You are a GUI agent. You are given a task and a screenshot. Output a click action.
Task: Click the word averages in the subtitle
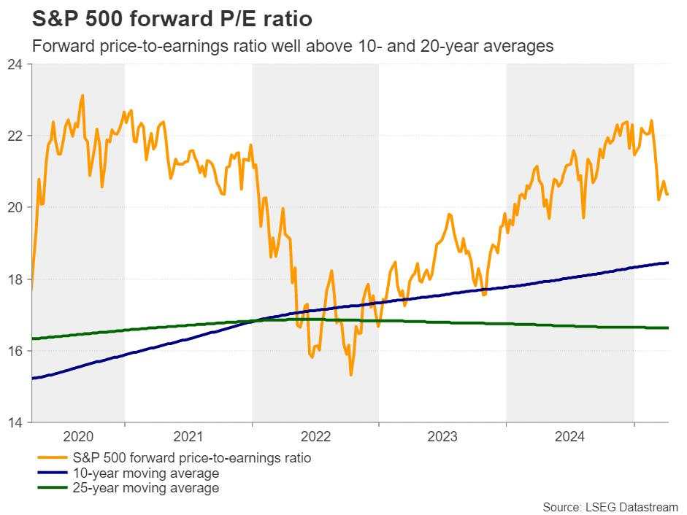pyautogui.click(x=521, y=46)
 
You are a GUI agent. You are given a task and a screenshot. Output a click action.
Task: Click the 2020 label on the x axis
pyautogui.click(x=78, y=437)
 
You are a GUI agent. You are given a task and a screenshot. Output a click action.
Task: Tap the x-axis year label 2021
pyautogui.click(x=188, y=437)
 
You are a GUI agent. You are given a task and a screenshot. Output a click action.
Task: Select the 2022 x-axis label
pyautogui.click(x=315, y=437)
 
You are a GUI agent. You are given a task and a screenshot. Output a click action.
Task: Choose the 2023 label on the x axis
pyautogui.click(x=442, y=437)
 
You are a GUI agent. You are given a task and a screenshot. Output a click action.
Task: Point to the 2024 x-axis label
pyautogui.click(x=569, y=437)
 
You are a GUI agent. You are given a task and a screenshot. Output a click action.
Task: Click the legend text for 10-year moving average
pyautogui.click(x=146, y=473)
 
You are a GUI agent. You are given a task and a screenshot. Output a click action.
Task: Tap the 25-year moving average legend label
pyautogui.click(x=146, y=488)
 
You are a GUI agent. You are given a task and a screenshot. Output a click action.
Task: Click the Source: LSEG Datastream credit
pyautogui.click(x=610, y=506)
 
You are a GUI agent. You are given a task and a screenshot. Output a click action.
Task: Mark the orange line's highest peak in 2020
pyautogui.click(x=82, y=96)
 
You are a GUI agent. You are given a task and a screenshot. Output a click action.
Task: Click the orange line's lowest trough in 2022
pyautogui.click(x=351, y=375)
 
